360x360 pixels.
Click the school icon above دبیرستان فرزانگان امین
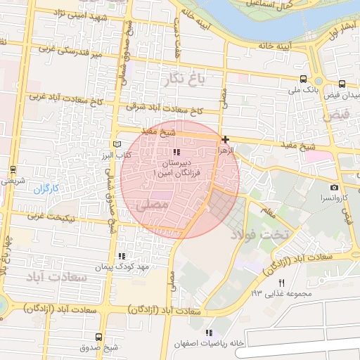tap(176, 152)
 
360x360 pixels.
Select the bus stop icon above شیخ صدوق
tap(98, 337)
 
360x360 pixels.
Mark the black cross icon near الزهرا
tap(224, 139)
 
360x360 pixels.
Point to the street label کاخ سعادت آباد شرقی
tap(165, 110)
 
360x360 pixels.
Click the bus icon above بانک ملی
tap(302, 79)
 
